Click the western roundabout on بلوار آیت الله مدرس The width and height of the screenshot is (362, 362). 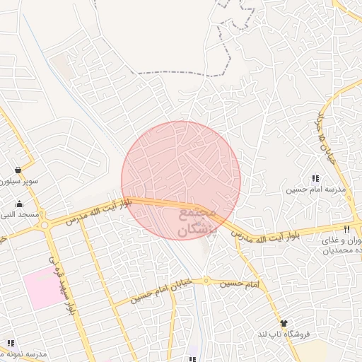click(45, 226)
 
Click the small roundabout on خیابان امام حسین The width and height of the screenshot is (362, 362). click(206, 281)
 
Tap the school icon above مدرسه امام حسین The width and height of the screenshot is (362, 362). click(315, 178)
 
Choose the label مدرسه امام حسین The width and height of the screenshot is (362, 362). click(315, 189)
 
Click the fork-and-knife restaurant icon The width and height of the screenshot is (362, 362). click(346, 230)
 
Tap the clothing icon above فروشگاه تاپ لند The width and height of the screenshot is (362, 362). click(284, 322)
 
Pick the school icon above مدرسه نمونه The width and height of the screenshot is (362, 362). click(11, 343)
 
